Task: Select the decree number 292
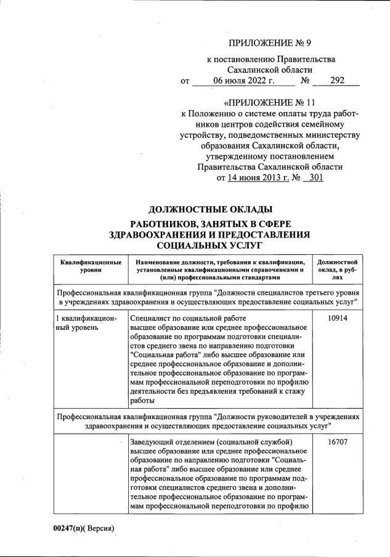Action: pyautogui.click(x=336, y=81)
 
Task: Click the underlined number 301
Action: pyautogui.click(x=312, y=178)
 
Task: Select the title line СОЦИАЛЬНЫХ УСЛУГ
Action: pyautogui.click(x=209, y=245)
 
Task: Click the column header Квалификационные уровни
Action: pyautogui.click(x=91, y=266)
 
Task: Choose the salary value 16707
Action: pyautogui.click(x=336, y=442)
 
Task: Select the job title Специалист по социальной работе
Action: pyautogui.click(x=189, y=318)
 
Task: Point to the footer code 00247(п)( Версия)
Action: pyautogui.click(x=84, y=528)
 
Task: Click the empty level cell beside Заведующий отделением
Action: pyautogui.click(x=91, y=474)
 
